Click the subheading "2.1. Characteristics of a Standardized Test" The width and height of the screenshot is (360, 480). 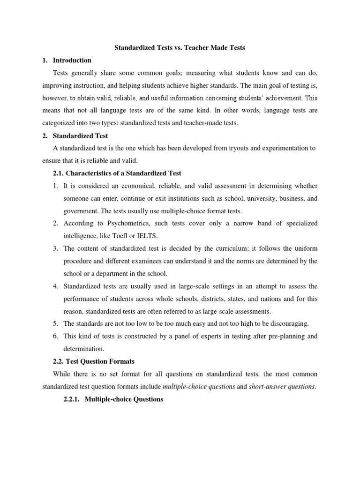[x=117, y=173]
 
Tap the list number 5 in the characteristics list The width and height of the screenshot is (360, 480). [x=55, y=324]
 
